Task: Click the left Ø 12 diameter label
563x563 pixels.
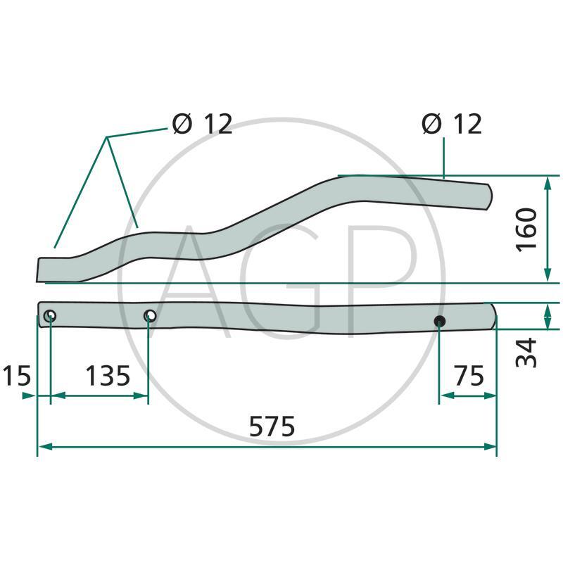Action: [x=202, y=124]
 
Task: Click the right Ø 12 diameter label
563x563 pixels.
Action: [x=452, y=124]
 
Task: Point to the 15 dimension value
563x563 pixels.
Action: [x=16, y=376]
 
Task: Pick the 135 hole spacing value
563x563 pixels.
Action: [x=108, y=376]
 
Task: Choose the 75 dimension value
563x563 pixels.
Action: [x=469, y=376]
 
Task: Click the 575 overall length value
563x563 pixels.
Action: [x=272, y=427]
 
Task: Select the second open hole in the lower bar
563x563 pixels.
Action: [x=149, y=316]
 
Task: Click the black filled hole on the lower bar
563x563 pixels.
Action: [x=440, y=322]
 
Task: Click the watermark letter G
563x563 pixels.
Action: [x=281, y=281]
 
